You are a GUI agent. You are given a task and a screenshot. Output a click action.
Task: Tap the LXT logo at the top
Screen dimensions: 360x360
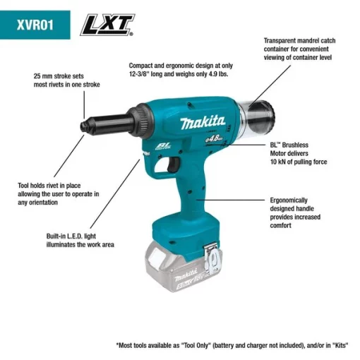click(107, 26)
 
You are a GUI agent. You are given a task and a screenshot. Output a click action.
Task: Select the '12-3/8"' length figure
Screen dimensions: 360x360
click(145, 73)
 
